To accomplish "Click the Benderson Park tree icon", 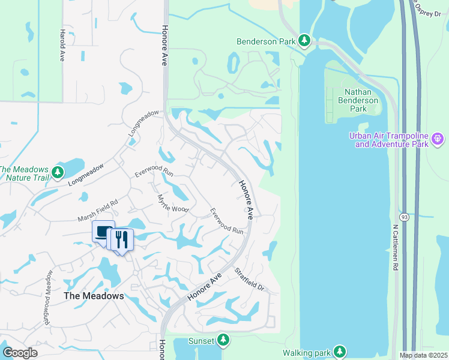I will tap(304, 41).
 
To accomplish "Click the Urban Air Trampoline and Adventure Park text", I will tap(389, 140).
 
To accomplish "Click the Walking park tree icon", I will tap(340, 351).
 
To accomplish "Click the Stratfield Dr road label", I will tap(249, 279).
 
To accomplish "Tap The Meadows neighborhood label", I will tap(94, 296).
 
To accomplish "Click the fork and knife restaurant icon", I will tap(122, 239).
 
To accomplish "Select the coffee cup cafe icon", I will tap(103, 232).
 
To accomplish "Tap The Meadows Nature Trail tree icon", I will tap(58, 173).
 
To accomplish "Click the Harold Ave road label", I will tap(61, 46).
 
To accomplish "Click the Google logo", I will tap(20, 353).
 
